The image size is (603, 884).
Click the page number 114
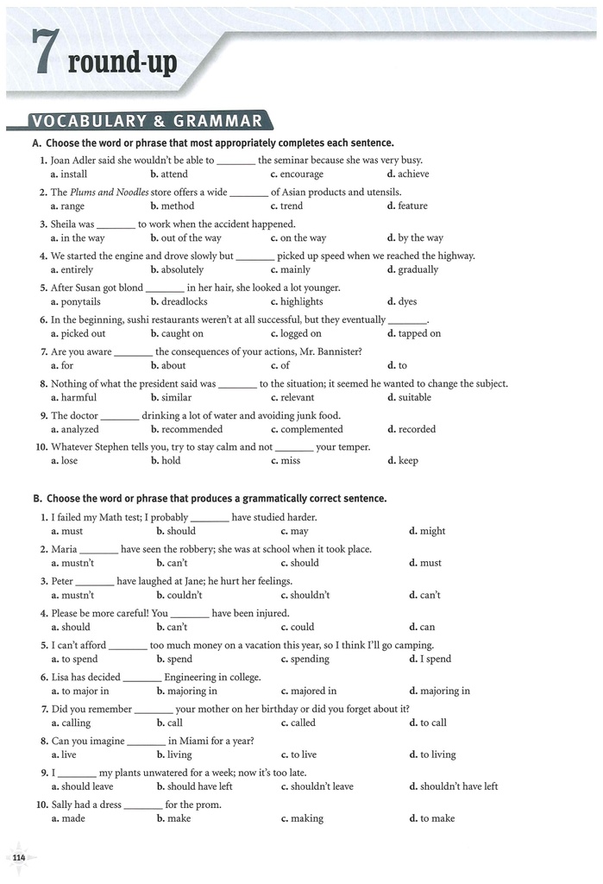[19, 856]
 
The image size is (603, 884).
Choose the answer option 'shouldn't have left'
[458, 786]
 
